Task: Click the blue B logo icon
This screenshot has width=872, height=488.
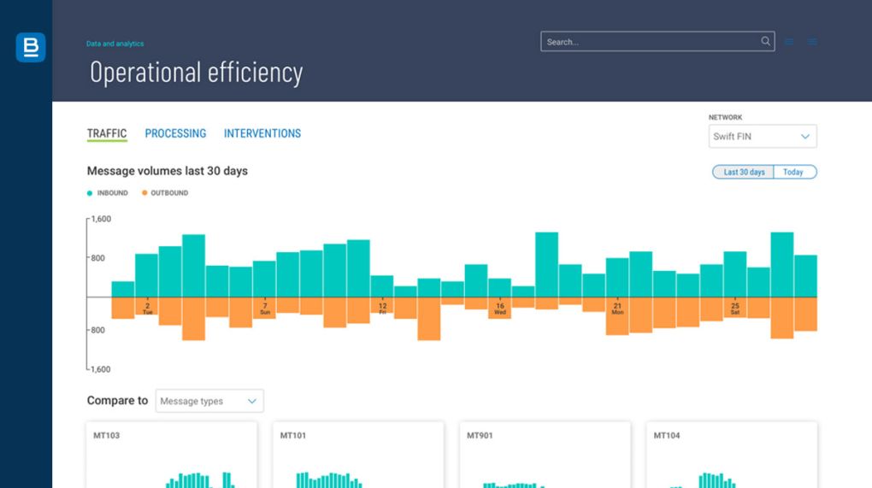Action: pyautogui.click(x=30, y=48)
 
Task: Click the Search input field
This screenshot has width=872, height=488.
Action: pyautogui.click(x=650, y=42)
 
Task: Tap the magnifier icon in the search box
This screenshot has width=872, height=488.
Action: pyautogui.click(x=765, y=41)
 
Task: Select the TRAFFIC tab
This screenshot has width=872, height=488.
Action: pyautogui.click(x=107, y=133)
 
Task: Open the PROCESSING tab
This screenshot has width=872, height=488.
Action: pyautogui.click(x=175, y=133)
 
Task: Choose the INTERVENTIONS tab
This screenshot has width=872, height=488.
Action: pyautogui.click(x=262, y=133)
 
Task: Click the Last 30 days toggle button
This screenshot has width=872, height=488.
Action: pyautogui.click(x=744, y=172)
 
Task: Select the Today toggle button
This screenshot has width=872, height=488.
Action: pyautogui.click(x=793, y=172)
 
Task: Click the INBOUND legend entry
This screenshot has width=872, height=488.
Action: pyautogui.click(x=108, y=193)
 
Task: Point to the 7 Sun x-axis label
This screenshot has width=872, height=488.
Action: pyautogui.click(x=265, y=308)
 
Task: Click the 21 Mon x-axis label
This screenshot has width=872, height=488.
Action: pyautogui.click(x=617, y=308)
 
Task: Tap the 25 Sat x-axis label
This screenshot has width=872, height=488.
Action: pyautogui.click(x=735, y=308)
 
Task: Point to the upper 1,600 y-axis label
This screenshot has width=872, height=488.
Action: pyautogui.click(x=101, y=220)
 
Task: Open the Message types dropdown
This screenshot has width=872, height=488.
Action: pyautogui.click(x=209, y=401)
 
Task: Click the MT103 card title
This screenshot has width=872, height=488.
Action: pyautogui.click(x=107, y=436)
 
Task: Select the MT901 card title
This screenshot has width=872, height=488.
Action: pyautogui.click(x=480, y=436)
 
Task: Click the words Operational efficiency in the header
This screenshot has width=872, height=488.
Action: pyautogui.click(x=196, y=73)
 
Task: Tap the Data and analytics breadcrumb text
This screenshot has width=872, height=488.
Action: pyautogui.click(x=115, y=44)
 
